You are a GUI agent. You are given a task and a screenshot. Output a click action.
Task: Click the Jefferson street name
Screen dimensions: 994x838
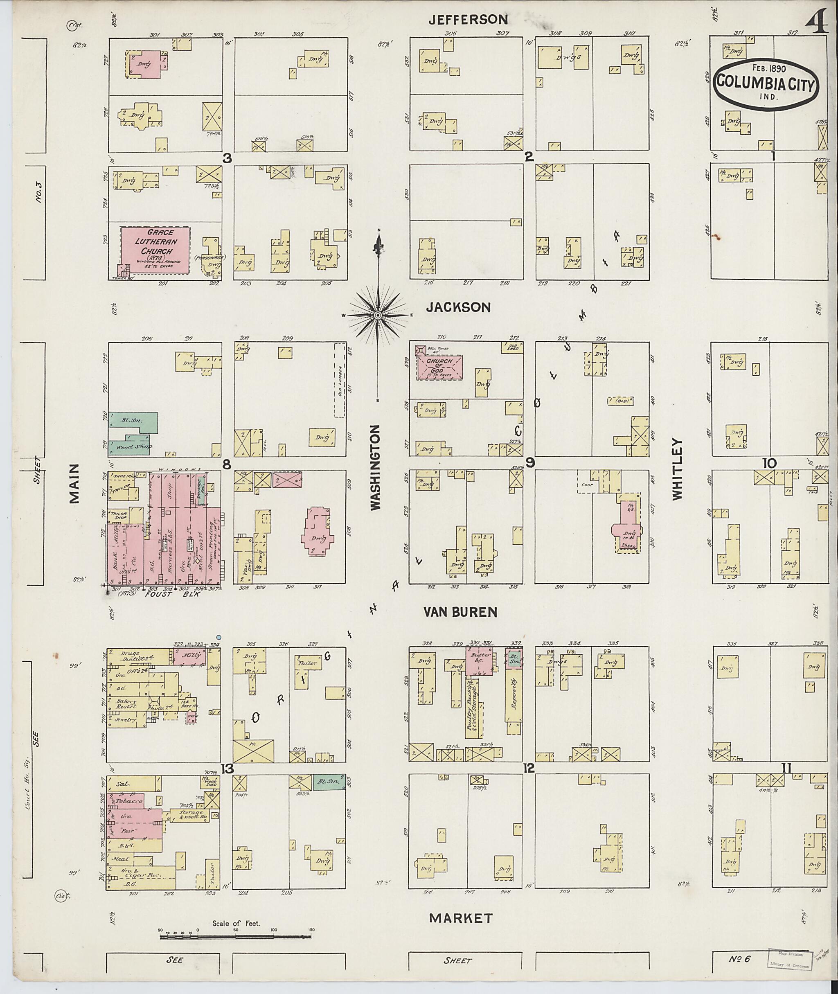(x=468, y=20)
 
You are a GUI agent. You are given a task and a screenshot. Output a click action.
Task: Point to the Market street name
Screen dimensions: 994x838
(x=460, y=918)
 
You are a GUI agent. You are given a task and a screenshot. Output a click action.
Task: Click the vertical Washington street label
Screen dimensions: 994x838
(x=376, y=468)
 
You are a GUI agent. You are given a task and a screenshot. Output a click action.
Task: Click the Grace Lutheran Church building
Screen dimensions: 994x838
(x=155, y=250)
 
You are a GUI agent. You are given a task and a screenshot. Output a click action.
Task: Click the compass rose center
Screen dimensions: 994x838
(x=378, y=315)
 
